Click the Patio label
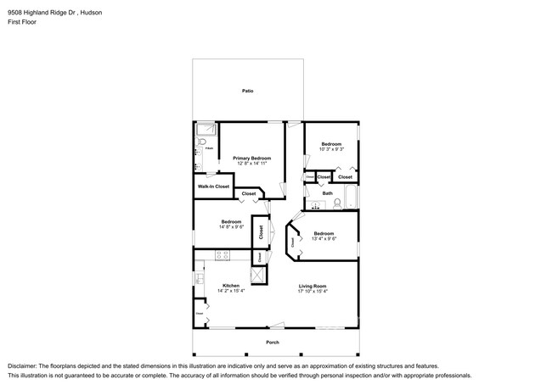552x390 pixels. tap(247, 91)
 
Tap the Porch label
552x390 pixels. tap(273, 342)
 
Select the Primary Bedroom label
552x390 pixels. tap(252, 159)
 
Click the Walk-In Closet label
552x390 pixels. tap(213, 186)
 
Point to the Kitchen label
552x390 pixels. tap(231, 286)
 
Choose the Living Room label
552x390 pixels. tap(313, 286)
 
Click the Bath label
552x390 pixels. tap(327, 193)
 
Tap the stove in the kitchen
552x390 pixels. tap(223, 255)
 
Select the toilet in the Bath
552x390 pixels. tap(337, 203)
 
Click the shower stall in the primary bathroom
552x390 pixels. tap(205, 130)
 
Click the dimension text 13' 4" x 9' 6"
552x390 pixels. tap(324, 238)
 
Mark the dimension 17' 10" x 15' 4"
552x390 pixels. tap(313, 291)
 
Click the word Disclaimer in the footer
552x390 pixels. tap(23, 365)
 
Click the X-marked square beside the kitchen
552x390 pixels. tap(259, 276)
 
